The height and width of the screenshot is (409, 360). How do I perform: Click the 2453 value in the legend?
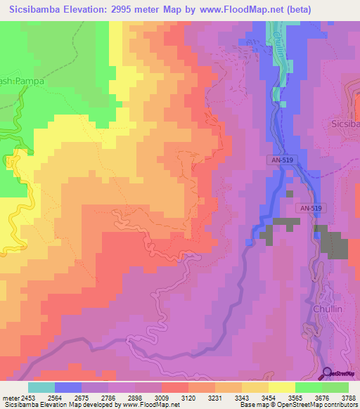coord(27,398)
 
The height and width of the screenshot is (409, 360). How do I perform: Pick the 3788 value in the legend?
coord(348,398)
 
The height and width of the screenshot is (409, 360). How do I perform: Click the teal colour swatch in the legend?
coord(41,387)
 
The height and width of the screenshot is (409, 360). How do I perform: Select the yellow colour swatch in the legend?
coord(281,387)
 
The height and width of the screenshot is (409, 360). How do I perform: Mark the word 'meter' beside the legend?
coord(9,398)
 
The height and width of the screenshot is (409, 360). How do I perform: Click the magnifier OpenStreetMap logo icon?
coord(328,372)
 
